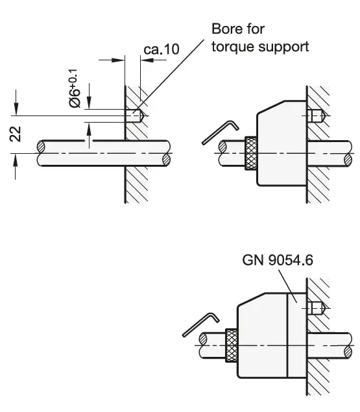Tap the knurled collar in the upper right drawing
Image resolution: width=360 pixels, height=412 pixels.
click(x=250, y=153)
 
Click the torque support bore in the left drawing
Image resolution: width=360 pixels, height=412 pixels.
click(x=135, y=116)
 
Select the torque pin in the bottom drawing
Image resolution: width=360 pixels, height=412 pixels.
click(x=316, y=307)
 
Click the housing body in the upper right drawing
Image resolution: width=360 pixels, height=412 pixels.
click(x=281, y=146)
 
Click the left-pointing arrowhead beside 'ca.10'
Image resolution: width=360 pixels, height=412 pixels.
click(x=145, y=60)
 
